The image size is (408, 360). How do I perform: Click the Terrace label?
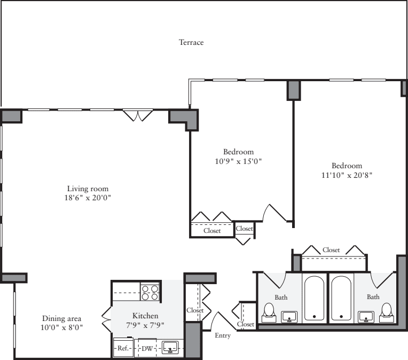tap(191, 42)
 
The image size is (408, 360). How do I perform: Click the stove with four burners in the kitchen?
tap(151, 292)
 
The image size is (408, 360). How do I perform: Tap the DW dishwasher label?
tap(146, 348)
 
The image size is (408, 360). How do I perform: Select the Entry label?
tap(222, 335)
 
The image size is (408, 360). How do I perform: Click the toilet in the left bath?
tap(269, 312)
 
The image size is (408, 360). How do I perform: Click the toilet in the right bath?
tap(386, 312)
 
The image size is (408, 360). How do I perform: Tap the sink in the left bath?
tap(290, 317)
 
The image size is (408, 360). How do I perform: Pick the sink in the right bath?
tap(366, 317)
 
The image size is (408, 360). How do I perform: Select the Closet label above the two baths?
tap(331, 250)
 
